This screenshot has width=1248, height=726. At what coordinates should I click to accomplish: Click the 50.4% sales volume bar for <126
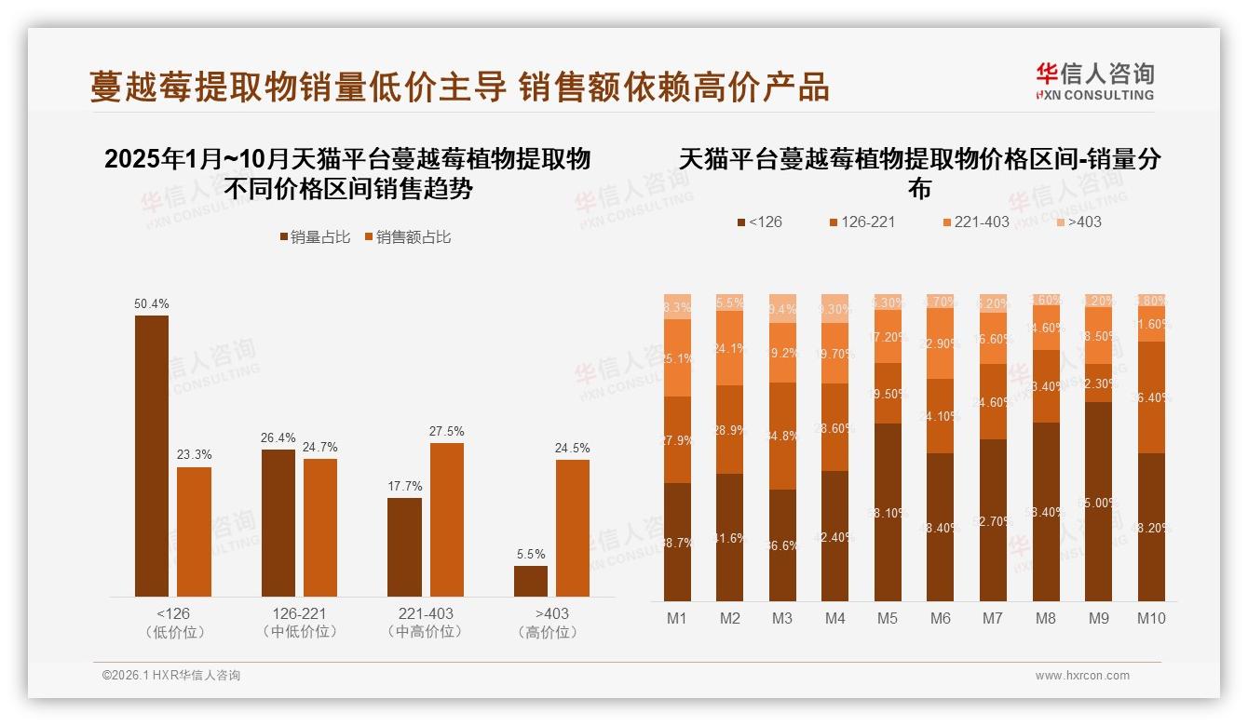pyautogui.click(x=152, y=456)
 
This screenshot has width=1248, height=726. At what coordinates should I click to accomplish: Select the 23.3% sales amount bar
pyautogui.click(x=195, y=531)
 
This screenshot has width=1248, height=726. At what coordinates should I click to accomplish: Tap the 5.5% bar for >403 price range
pyautogui.click(x=531, y=581)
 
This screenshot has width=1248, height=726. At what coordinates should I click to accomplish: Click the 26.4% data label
pyautogui.click(x=278, y=438)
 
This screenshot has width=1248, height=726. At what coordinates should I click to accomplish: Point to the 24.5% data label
pyautogui.click(x=573, y=448)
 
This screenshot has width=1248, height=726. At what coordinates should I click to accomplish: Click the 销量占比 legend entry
pyautogui.click(x=315, y=237)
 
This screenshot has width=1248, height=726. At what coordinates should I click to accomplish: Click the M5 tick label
pyautogui.click(x=888, y=618)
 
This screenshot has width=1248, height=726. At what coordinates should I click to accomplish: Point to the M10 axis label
pyautogui.click(x=1151, y=618)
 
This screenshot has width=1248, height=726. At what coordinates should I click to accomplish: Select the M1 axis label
pyautogui.click(x=677, y=618)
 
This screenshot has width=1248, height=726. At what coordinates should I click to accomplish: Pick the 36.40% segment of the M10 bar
pyautogui.click(x=1151, y=397)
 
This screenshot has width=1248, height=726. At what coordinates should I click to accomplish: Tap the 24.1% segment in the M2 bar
pyautogui.click(x=730, y=348)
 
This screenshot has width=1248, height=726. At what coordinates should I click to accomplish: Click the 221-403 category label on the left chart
pyautogui.click(x=426, y=622)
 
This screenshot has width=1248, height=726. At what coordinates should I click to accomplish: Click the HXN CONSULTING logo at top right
pyautogui.click(x=1095, y=81)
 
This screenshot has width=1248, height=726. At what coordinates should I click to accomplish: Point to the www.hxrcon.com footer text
pyautogui.click(x=1082, y=676)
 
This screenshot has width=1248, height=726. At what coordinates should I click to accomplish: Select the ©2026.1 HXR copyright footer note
pyautogui.click(x=171, y=676)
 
